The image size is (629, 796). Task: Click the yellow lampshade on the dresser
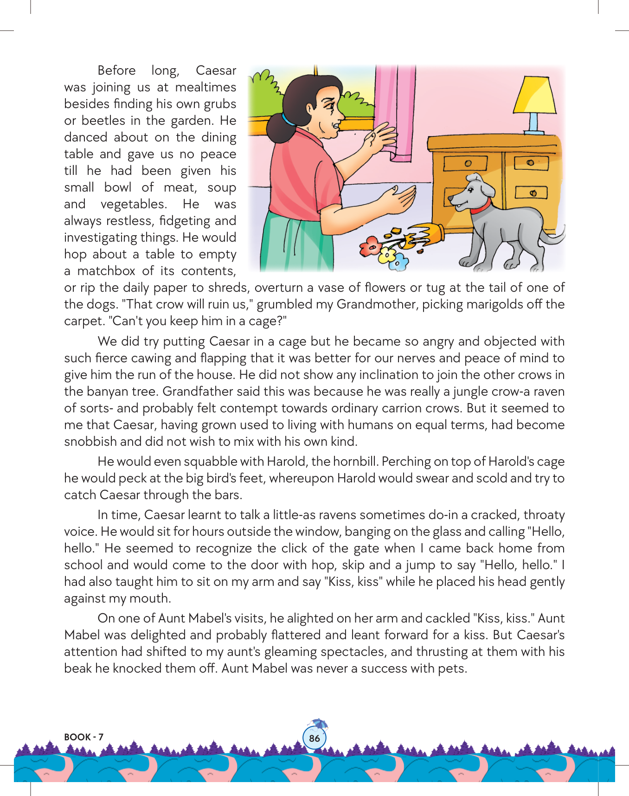point(534,95)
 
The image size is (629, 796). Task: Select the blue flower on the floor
point(398,263)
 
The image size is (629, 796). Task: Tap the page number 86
point(314,738)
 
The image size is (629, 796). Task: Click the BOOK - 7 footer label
point(83,737)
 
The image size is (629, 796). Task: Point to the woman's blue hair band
point(287,120)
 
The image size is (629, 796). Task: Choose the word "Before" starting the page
point(116,71)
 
